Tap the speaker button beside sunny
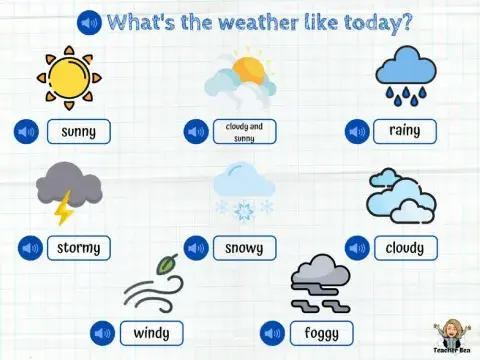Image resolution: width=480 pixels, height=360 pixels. pyautogui.click(x=28, y=131)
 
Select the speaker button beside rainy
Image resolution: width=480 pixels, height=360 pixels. pyautogui.click(x=358, y=131)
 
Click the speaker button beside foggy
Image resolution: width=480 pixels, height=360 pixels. pyautogui.click(x=270, y=332)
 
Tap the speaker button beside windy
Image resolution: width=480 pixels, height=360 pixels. pyautogui.click(x=102, y=332)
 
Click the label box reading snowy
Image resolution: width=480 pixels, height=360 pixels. pyautogui.click(x=243, y=247)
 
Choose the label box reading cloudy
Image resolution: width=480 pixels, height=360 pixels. pyautogui.click(x=405, y=247)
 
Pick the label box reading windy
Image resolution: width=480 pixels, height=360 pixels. pyautogui.click(x=150, y=332)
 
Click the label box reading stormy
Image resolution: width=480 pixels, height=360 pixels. pyautogui.click(x=78, y=247)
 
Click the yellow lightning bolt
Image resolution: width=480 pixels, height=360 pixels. pyautogui.click(x=64, y=210)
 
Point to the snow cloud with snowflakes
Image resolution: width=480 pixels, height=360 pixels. pyautogui.click(x=243, y=192)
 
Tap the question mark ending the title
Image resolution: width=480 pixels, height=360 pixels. pyautogui.click(x=407, y=22)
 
